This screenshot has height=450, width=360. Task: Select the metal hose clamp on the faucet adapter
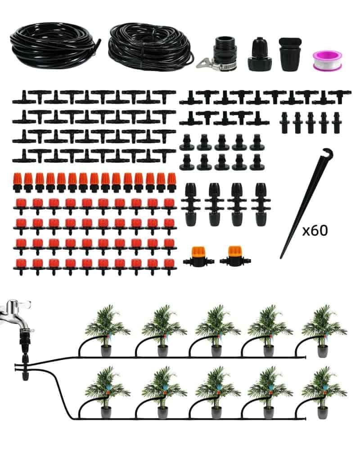216,65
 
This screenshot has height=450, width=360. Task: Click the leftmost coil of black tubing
55,46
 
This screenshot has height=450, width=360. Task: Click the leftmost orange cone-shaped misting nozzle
18,182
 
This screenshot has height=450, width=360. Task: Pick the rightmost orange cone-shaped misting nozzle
171,182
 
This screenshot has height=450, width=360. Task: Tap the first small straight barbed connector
284,122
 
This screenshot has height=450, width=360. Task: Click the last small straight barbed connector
336,122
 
